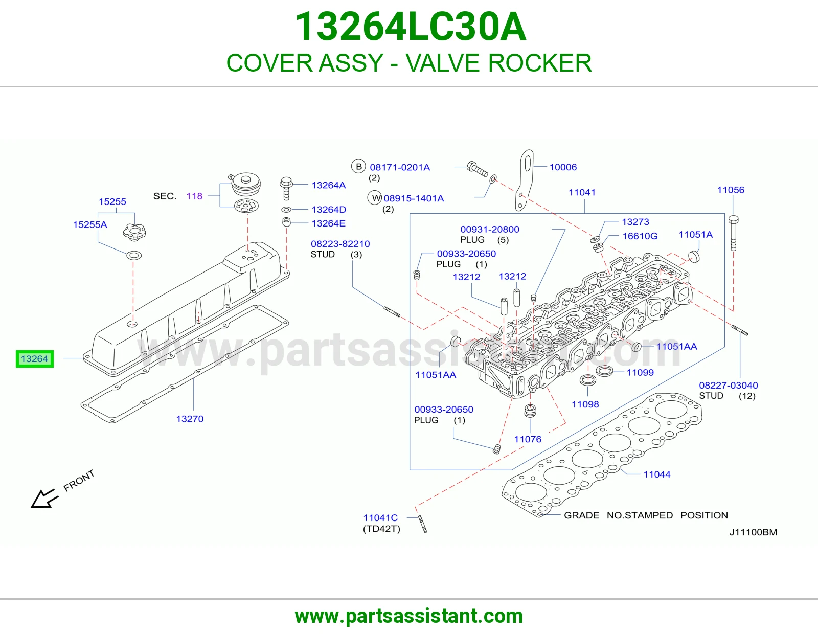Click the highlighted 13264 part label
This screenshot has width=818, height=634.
click(35, 359)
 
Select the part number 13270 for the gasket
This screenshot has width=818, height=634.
click(190, 419)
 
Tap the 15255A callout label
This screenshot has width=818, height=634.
click(90, 225)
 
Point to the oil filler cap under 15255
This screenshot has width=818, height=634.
click(134, 231)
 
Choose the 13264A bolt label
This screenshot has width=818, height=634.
click(329, 185)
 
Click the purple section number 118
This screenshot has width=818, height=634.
click(194, 196)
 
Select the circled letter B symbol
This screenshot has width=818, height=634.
click(359, 166)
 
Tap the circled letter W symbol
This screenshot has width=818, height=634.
click(375, 198)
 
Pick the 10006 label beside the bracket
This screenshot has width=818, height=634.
click(563, 167)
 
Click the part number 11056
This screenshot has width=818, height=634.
click(731, 190)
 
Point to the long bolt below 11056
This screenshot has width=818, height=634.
click(733, 233)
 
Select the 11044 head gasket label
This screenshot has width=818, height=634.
click(657, 474)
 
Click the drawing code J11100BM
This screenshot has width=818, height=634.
click(753, 532)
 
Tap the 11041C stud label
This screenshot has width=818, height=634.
click(380, 518)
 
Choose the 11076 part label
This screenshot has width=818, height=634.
click(528, 439)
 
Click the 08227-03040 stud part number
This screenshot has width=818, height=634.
click(729, 385)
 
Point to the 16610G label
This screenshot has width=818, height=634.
click(640, 236)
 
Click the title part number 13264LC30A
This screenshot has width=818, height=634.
click(411, 27)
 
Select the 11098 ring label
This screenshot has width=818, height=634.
click(585, 404)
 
